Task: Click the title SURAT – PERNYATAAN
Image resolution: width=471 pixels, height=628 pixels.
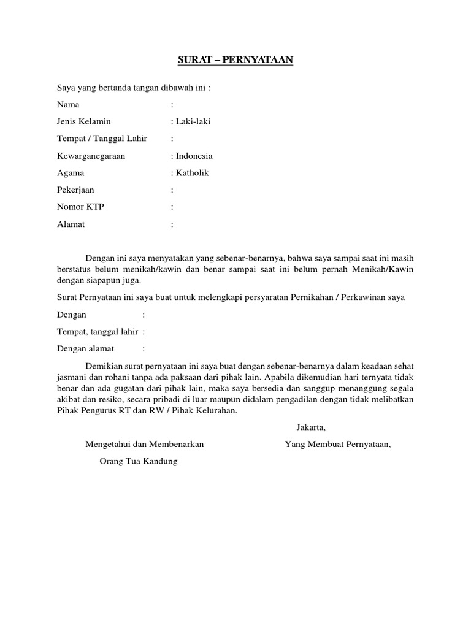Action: [x=235, y=60]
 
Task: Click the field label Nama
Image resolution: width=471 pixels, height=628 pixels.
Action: [x=68, y=104]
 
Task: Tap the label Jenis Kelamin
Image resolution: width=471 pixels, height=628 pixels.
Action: [x=84, y=121]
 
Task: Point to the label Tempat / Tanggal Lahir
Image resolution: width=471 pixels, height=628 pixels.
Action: [x=102, y=139]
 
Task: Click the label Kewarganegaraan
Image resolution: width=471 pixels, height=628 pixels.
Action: [x=91, y=156]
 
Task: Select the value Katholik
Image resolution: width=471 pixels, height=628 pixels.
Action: [x=191, y=173]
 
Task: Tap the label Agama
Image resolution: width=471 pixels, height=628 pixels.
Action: [x=71, y=173]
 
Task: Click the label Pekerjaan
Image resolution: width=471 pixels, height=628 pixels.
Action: [x=75, y=190]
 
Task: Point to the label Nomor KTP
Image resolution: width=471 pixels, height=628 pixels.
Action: [x=80, y=207]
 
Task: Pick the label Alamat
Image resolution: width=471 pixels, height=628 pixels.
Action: [x=71, y=224]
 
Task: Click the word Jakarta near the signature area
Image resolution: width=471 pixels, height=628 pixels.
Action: [x=310, y=427]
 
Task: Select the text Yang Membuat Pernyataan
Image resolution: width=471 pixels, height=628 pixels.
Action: [x=338, y=444]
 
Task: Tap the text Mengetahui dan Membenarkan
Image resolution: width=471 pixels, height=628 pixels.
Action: [x=144, y=444]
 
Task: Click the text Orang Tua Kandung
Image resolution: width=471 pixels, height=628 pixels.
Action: [x=138, y=461]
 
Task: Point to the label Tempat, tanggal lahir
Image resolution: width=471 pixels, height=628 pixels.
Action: [x=97, y=332]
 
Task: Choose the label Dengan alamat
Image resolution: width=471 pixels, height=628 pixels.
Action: [x=85, y=349]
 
